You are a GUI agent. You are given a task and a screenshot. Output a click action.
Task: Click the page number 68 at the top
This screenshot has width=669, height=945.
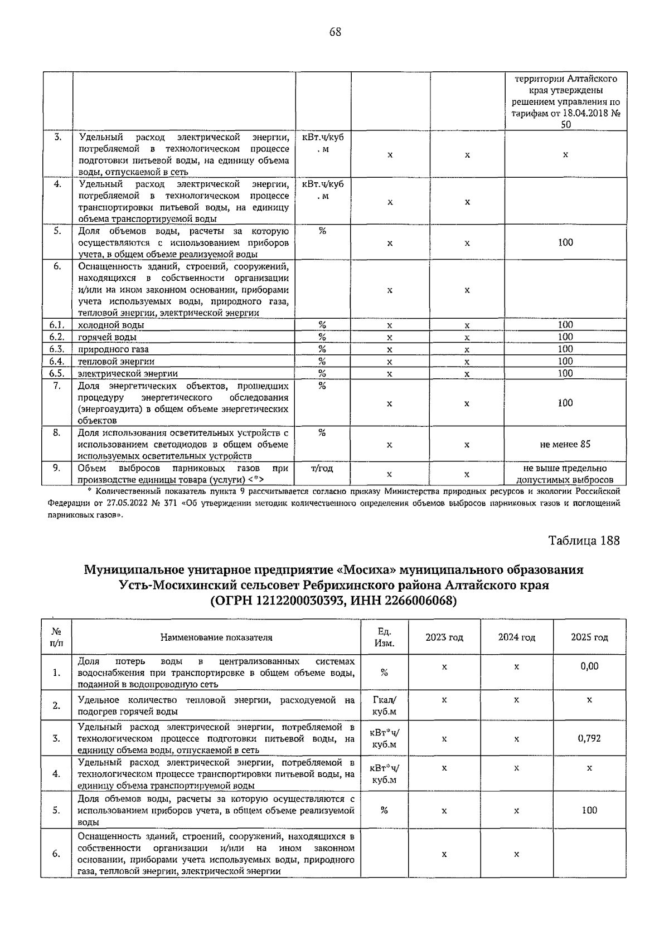(x=334, y=32)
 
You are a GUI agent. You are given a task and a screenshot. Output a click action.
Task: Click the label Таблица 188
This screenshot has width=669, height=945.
(x=584, y=540)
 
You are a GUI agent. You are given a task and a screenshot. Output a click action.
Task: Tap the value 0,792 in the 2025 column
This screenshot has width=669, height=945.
(x=589, y=738)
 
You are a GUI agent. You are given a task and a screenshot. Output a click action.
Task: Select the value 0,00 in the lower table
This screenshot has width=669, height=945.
(x=589, y=666)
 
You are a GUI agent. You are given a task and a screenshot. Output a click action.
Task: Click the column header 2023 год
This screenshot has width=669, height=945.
(x=444, y=637)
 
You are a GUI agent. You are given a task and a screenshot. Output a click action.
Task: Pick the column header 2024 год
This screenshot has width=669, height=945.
(x=516, y=637)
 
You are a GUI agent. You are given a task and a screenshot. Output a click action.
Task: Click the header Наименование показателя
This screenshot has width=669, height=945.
(x=216, y=637)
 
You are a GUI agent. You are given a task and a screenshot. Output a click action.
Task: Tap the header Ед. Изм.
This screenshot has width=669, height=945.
(x=384, y=637)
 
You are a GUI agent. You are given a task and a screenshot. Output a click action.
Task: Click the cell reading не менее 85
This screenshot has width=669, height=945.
(x=565, y=444)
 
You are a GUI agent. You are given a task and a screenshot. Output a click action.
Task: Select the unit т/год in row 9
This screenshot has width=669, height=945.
(x=322, y=469)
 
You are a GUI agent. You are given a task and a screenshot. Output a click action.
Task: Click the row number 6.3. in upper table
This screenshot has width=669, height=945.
(x=56, y=349)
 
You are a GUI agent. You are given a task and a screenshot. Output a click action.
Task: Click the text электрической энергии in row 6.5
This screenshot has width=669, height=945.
(x=128, y=374)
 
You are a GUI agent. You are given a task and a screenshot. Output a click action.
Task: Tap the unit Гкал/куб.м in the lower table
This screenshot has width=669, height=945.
(x=384, y=705)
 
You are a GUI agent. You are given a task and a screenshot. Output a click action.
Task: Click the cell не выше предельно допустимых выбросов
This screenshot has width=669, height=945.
(x=565, y=474)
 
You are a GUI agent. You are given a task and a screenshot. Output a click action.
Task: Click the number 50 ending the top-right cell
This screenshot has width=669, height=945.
(x=565, y=125)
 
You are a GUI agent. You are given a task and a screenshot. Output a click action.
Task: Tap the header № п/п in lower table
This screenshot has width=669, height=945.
(x=56, y=637)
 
